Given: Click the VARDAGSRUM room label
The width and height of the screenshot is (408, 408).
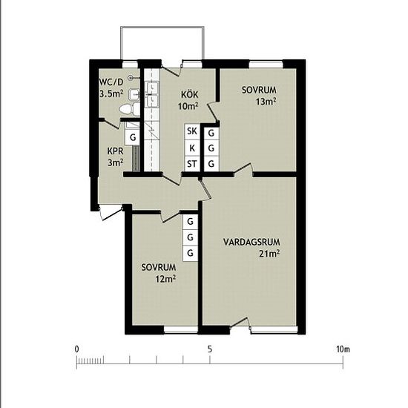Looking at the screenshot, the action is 251,243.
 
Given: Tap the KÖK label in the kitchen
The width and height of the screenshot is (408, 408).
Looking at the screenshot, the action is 190,94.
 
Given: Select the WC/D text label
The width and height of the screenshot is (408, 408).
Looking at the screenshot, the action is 111,82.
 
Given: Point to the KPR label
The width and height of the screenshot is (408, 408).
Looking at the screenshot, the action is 115,151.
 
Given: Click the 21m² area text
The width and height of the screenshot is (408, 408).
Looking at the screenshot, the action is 269,254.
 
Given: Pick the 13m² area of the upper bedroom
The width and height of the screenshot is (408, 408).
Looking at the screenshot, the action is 266,102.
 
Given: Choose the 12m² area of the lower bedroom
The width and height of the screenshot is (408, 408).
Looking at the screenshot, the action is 165,279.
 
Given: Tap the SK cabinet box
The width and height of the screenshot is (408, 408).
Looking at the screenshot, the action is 192,131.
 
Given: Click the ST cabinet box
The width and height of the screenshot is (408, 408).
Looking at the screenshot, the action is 192,164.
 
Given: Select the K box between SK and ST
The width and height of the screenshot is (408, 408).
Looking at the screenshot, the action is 192,148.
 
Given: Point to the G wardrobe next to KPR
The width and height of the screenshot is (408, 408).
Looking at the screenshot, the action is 133,137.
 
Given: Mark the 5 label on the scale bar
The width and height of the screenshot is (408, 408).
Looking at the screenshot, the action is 210,349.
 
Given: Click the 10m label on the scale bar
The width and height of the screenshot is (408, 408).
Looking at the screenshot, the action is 343,349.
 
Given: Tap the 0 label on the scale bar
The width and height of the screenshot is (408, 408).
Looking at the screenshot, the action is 76,349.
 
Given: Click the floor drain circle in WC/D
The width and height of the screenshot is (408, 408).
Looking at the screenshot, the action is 131,77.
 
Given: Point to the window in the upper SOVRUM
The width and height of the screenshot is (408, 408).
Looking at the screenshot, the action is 266,64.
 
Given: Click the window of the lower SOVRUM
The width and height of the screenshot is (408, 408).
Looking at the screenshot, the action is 181,329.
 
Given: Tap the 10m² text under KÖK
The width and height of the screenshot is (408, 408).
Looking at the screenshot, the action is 188,106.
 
